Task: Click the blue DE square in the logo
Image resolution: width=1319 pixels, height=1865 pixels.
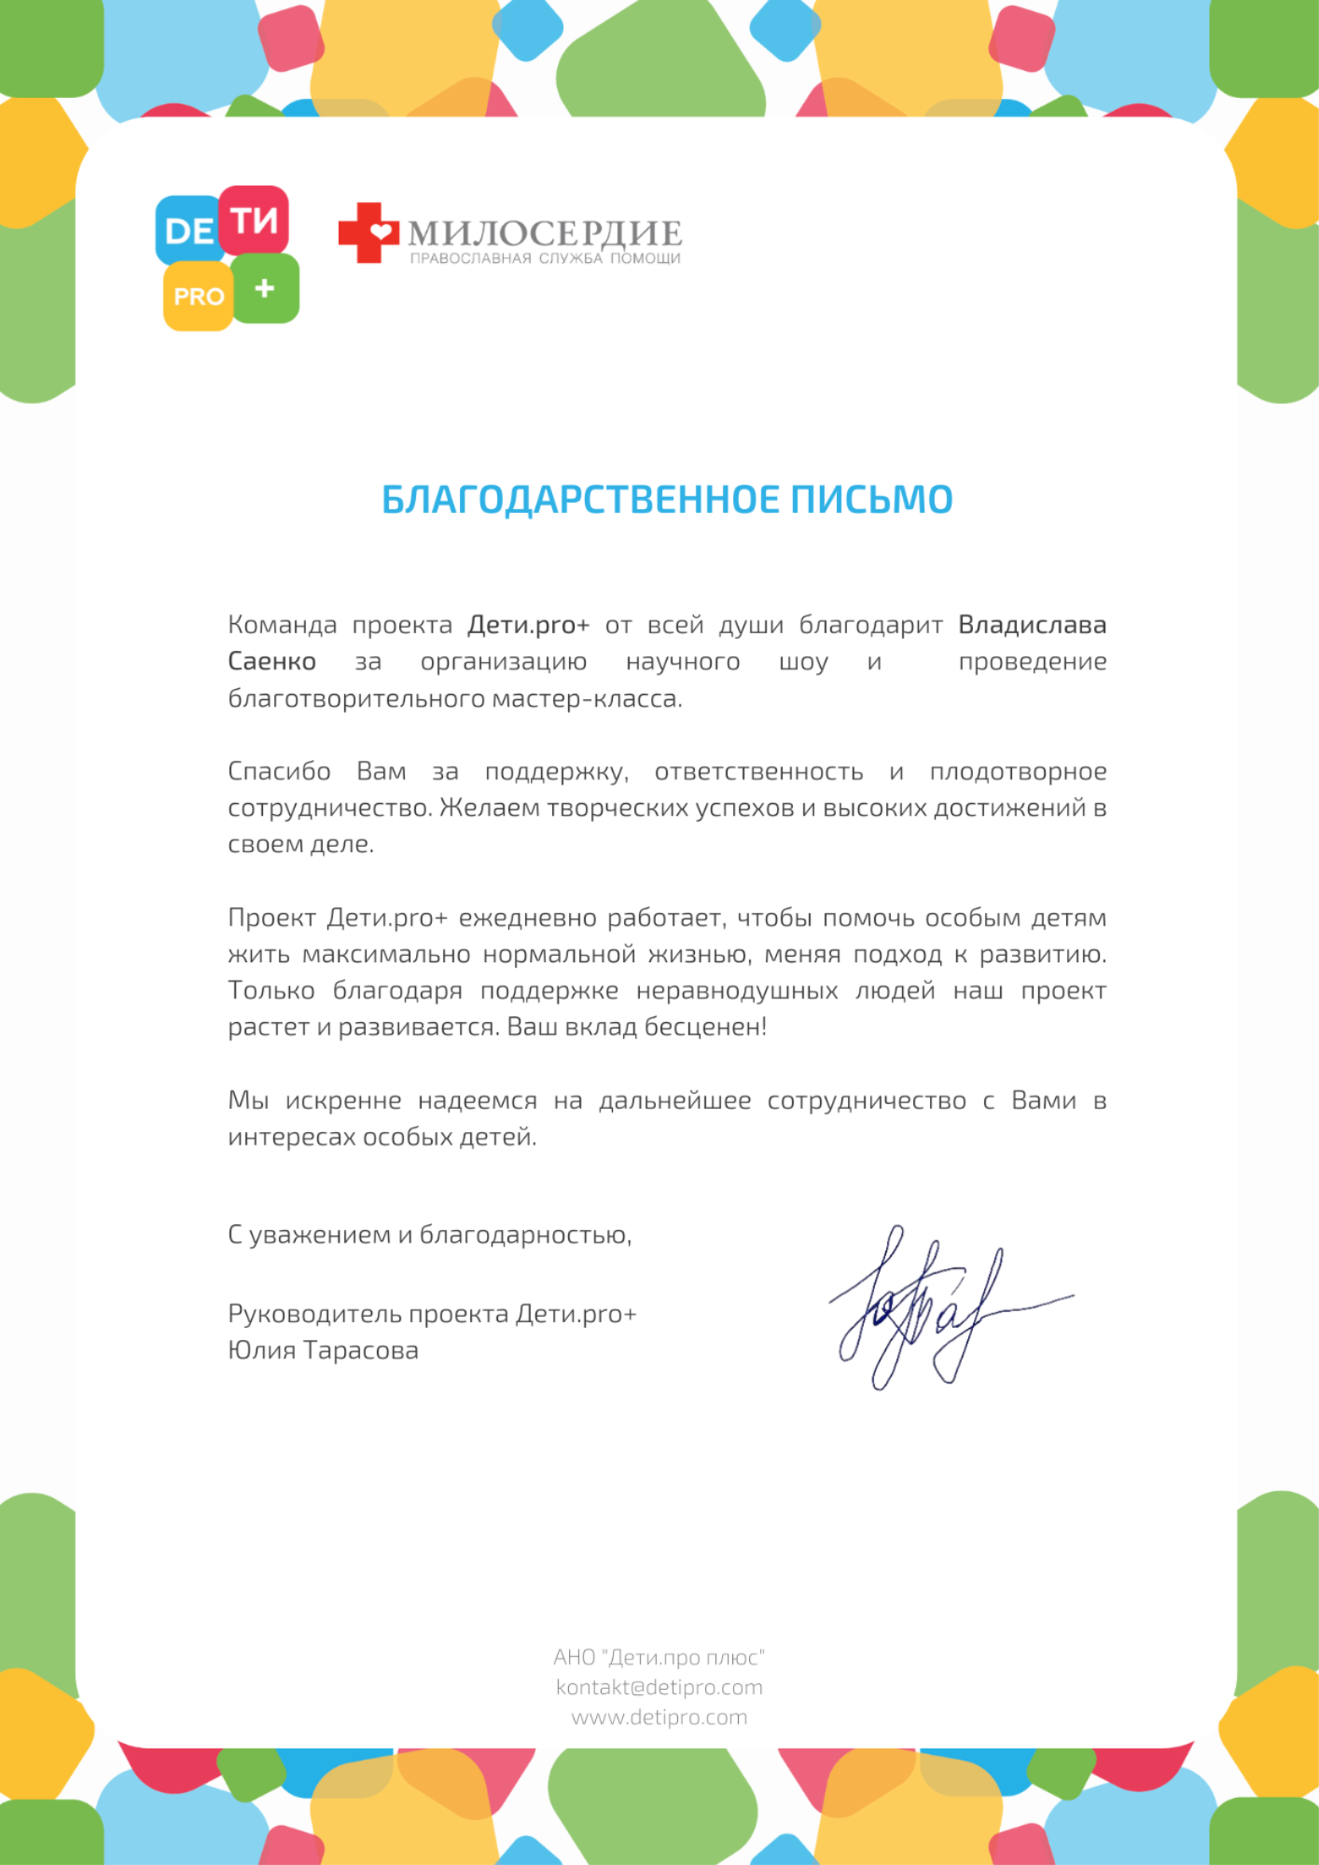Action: (189, 229)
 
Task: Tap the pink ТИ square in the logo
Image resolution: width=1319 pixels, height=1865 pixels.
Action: (255, 220)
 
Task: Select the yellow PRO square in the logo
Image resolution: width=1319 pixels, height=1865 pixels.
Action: (199, 297)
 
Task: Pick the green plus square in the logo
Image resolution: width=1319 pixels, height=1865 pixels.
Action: (265, 288)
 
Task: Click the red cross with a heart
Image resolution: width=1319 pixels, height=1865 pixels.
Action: (368, 232)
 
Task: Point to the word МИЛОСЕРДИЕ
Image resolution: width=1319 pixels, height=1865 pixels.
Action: (545, 232)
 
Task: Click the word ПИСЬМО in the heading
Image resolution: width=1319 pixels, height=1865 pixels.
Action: (871, 500)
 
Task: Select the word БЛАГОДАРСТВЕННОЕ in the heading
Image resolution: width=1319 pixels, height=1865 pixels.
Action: (580, 500)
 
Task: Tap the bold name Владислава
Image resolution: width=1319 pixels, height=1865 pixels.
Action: (1032, 625)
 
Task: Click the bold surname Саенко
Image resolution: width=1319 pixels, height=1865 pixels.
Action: (271, 661)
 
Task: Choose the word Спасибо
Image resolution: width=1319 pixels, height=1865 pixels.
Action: (279, 771)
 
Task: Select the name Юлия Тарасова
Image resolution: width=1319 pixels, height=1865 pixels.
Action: (323, 1350)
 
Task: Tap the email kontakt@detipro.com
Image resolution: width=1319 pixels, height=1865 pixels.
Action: (659, 1687)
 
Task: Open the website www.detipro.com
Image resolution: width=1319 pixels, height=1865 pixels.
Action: (659, 1717)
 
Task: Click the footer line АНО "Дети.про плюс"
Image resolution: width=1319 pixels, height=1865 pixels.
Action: (659, 1657)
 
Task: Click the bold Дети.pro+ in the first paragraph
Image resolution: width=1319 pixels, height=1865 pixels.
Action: (528, 625)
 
